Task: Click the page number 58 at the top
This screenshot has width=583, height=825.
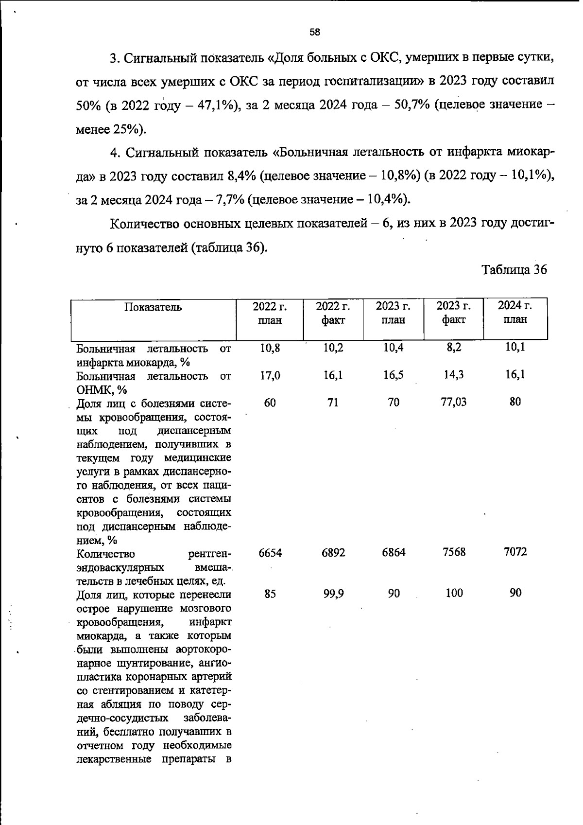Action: pyautogui.click(x=314, y=33)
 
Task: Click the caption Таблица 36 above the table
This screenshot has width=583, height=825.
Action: pyautogui.click(x=514, y=270)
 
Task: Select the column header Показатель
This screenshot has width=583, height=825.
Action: pyautogui.click(x=153, y=307)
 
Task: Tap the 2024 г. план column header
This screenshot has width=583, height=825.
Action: pyautogui.click(x=515, y=312)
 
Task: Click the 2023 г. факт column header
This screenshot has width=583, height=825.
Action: pyautogui.click(x=453, y=313)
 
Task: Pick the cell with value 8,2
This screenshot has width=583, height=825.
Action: pyautogui.click(x=454, y=348)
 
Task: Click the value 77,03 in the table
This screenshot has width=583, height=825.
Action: pyautogui.click(x=453, y=402)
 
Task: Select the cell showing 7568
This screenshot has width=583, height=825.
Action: pyautogui.click(x=454, y=552)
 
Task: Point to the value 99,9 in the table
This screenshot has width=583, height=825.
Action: pyautogui.click(x=333, y=594)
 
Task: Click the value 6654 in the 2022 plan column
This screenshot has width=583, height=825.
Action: pyautogui.click(x=270, y=553)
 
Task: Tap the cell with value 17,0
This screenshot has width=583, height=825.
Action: pyautogui.click(x=270, y=375)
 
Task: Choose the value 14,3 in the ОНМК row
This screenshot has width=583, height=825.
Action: pyautogui.click(x=453, y=375)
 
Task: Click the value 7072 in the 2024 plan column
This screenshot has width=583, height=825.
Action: pyautogui.click(x=515, y=552)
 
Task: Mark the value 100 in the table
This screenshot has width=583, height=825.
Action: pyautogui.click(x=454, y=593)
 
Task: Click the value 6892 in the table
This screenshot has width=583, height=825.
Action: pyautogui.click(x=333, y=553)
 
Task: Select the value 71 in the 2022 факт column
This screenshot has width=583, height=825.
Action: pyautogui.click(x=333, y=403)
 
